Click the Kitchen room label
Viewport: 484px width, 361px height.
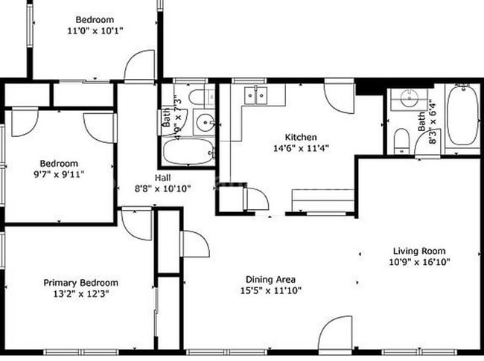point(302,137)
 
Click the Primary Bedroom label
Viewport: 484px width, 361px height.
point(80,283)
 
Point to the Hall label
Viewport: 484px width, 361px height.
point(162,177)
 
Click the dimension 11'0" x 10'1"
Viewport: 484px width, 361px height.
point(95,31)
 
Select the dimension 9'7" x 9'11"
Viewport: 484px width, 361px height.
point(59,175)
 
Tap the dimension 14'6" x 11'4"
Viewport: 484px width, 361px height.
point(302,148)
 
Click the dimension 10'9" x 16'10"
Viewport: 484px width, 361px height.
point(418,262)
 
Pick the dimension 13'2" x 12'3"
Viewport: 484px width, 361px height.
point(80,294)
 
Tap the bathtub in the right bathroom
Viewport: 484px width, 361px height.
point(463,115)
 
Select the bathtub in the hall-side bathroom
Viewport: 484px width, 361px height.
point(186,153)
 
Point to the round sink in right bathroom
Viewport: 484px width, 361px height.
point(407,98)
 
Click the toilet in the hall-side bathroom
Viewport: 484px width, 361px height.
point(200,97)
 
